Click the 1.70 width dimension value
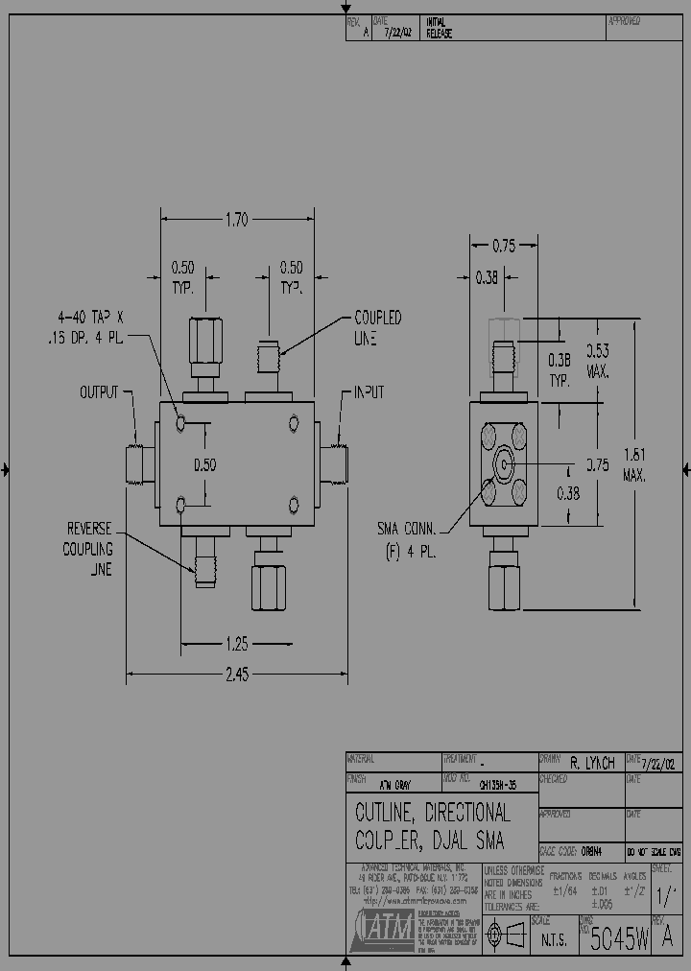(x=236, y=220)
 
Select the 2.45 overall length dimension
(x=236, y=675)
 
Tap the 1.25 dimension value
(x=236, y=642)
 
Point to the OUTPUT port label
(x=99, y=392)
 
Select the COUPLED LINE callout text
(x=378, y=328)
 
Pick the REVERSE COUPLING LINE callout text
(x=89, y=549)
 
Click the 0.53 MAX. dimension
(x=598, y=361)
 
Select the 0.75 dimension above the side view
(x=504, y=246)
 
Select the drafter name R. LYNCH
(x=593, y=764)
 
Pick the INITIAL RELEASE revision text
(x=439, y=28)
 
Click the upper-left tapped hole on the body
(x=181, y=423)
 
